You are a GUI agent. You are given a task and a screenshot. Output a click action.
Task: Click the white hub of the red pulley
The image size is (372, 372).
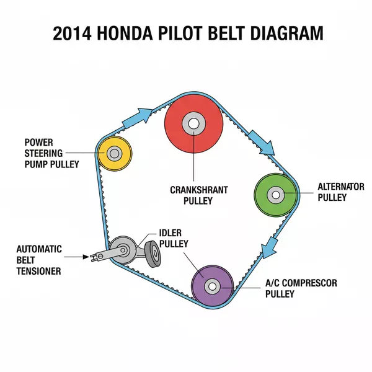click(194, 123)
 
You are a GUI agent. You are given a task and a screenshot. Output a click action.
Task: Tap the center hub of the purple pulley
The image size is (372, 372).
click(213, 286)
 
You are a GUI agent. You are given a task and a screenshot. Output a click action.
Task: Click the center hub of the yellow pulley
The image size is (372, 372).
click(114, 153)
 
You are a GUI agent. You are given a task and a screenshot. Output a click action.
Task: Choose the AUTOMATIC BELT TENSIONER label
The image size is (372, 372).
click(39, 260)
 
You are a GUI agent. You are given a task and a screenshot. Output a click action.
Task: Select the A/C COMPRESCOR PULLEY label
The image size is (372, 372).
click(301, 288)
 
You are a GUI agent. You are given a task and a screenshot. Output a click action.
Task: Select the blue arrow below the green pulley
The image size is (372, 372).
click(270, 246)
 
